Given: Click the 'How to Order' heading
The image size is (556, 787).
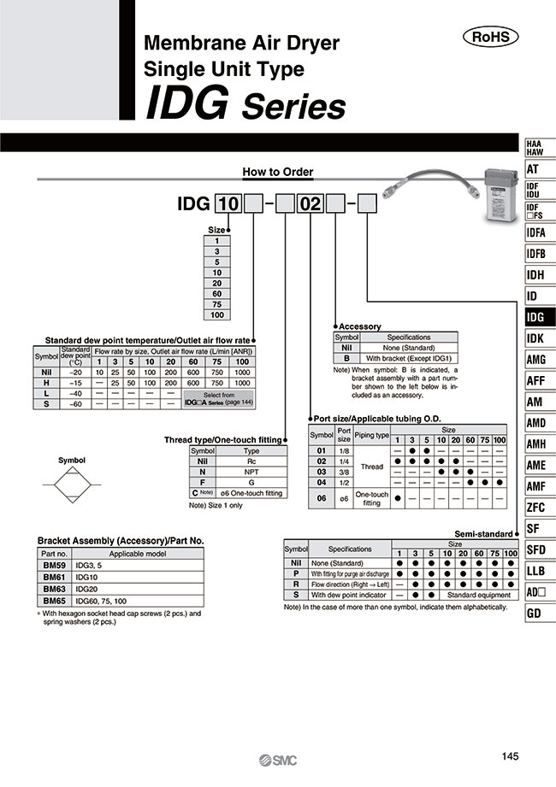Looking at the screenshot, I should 278,172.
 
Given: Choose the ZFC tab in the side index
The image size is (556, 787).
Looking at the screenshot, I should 538,508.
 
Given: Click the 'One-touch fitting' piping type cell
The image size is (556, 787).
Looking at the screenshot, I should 372,499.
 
